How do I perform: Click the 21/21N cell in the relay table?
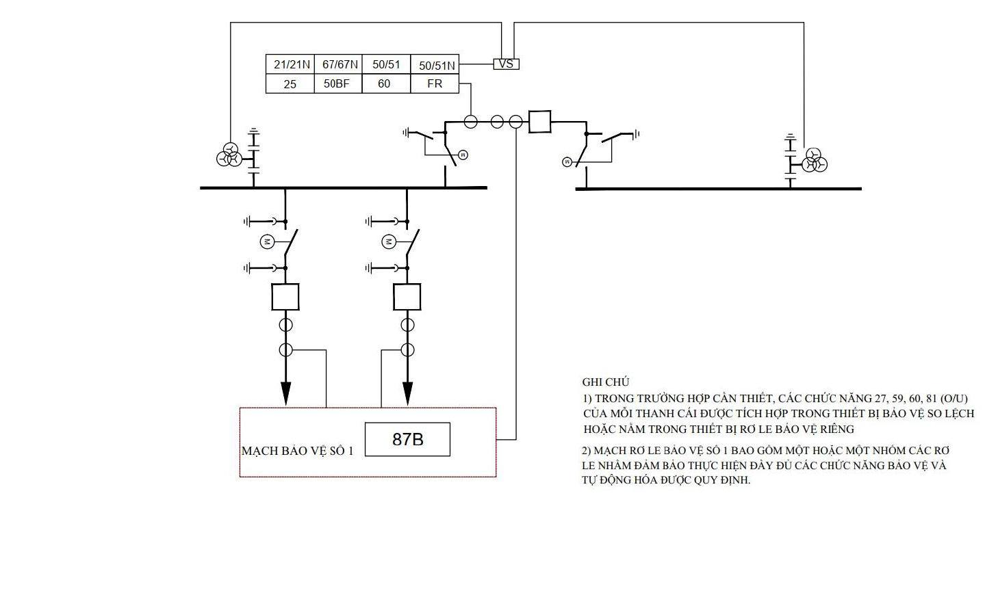pos(290,64)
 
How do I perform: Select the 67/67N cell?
pos(339,64)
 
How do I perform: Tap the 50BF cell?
pos(339,83)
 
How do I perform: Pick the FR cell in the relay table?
pos(435,83)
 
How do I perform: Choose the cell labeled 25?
pos(290,83)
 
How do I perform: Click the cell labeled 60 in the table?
pos(386,83)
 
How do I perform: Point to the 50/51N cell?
pos(435,64)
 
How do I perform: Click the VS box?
pos(506,64)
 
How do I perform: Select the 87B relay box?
pos(408,439)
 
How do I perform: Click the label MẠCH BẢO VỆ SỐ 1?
pos(297,451)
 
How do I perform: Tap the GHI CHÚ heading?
pos(606,382)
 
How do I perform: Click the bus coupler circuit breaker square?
pos(539,122)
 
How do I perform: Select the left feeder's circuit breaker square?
pos(285,297)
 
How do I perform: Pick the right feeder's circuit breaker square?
pos(407,297)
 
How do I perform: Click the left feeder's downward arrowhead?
pos(285,394)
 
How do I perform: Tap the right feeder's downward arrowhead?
pos(407,394)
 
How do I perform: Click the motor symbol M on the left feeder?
pos(268,241)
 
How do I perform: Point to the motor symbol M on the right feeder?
pos(389,241)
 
